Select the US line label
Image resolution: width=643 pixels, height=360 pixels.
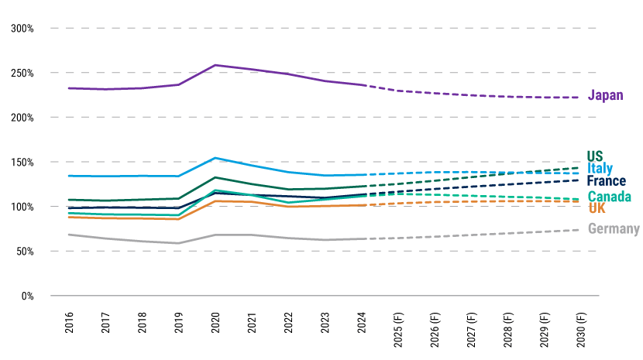pyautogui.click(x=595, y=155)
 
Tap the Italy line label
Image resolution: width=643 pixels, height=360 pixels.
pyautogui.click(x=600, y=169)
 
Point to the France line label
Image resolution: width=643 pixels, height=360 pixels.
pyautogui.click(x=607, y=182)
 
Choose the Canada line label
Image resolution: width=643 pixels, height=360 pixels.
pyautogui.click(x=609, y=197)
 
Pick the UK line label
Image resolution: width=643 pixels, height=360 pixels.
pyautogui.click(x=597, y=208)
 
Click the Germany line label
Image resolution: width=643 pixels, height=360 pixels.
pyautogui.click(x=614, y=228)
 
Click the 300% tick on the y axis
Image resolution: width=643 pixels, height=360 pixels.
pyautogui.click(x=22, y=29)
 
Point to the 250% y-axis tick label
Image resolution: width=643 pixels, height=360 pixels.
pyautogui.click(x=22, y=74)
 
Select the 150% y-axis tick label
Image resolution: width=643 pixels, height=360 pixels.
pyautogui.click(x=22, y=163)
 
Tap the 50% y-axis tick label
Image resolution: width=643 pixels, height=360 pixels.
pyautogui.click(x=25, y=252)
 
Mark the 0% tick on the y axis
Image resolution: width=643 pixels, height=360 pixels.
pyautogui.click(x=28, y=297)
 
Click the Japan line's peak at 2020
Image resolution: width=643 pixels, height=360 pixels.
pyautogui.click(x=215, y=65)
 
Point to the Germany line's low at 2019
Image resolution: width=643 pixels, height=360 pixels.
pyautogui.click(x=179, y=243)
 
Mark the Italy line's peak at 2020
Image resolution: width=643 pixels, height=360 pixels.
pyautogui.click(x=215, y=158)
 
